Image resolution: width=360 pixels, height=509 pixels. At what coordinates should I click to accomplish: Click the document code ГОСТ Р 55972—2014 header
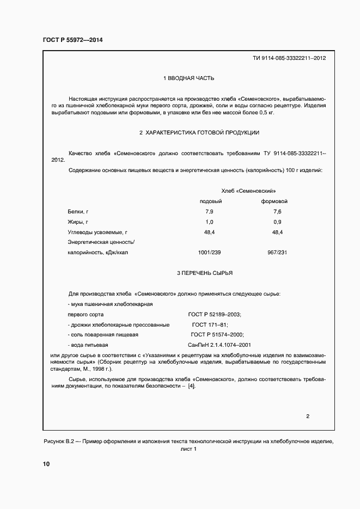(72, 40)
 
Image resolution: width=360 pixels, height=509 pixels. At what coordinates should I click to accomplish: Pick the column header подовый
(211, 201)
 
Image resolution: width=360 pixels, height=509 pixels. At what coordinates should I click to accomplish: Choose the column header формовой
(274, 201)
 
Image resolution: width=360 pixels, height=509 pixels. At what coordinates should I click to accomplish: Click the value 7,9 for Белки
(209, 211)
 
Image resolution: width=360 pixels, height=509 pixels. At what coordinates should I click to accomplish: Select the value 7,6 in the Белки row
(277, 211)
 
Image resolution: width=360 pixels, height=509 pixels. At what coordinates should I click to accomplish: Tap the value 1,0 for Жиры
(209, 222)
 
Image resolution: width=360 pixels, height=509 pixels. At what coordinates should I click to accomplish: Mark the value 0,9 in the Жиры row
(277, 222)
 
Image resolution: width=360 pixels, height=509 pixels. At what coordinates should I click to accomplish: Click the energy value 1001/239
(209, 253)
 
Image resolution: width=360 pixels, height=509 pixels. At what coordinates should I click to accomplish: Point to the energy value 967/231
(277, 253)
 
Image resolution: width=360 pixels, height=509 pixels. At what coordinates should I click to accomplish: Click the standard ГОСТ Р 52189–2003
(215, 315)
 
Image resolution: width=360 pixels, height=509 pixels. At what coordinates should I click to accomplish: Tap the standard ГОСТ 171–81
(210, 324)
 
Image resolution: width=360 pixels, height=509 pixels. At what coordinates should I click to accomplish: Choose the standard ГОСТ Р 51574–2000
(217, 335)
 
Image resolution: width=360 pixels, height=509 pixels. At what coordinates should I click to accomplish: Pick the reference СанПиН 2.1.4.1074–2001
(219, 345)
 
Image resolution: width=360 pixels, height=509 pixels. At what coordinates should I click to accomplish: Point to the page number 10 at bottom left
(46, 464)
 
